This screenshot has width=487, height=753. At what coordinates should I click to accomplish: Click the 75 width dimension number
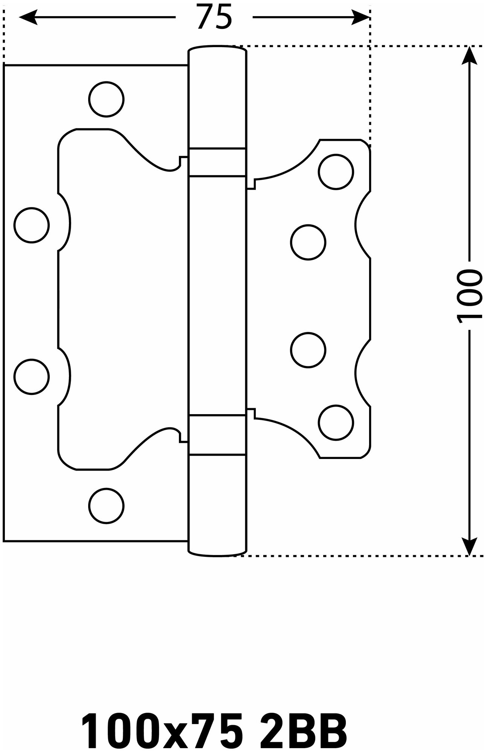click(214, 17)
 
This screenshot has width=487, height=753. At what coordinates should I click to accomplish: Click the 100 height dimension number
click(469, 296)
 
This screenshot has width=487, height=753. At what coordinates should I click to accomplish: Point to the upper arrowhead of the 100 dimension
click(469, 56)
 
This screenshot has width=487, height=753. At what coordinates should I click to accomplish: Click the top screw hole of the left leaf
click(107, 99)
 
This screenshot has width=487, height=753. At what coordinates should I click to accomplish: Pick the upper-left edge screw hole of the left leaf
click(32, 225)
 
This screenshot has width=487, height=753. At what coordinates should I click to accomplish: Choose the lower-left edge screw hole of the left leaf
click(32, 377)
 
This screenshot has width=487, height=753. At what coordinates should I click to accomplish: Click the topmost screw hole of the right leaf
click(336, 171)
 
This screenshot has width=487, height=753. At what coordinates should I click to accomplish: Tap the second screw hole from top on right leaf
click(308, 242)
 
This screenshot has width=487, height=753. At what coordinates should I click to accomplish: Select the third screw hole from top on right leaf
click(308, 350)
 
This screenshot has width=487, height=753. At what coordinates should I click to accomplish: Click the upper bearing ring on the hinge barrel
click(218, 162)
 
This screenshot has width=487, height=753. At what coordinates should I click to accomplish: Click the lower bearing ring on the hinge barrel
click(218, 435)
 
